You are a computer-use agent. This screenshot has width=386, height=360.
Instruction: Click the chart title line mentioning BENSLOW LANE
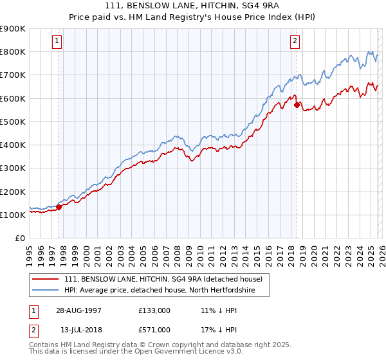point(192,6)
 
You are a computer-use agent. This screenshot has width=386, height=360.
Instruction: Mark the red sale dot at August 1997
point(59,207)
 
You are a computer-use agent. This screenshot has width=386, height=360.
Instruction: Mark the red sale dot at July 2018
point(297,105)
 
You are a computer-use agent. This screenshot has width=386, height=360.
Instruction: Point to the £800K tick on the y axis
point(13,52)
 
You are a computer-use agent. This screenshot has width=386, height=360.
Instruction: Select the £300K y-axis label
point(13,168)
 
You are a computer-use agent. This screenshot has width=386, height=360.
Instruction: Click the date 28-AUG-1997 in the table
point(78,310)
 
